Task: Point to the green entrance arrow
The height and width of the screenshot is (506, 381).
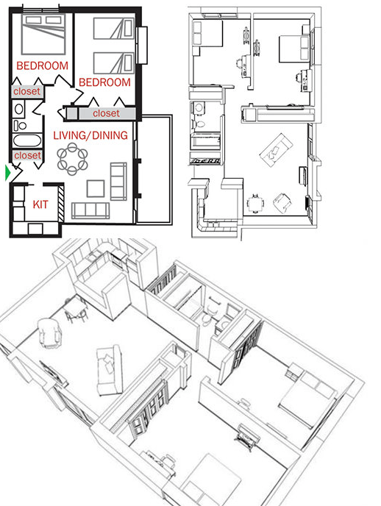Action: coord(7,173)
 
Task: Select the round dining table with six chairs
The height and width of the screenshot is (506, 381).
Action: coord(72,157)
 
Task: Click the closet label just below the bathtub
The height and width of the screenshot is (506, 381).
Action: coord(27,155)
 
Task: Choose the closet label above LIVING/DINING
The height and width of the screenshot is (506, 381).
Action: coord(106,113)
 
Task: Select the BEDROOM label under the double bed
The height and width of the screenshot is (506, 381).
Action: coord(42,66)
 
